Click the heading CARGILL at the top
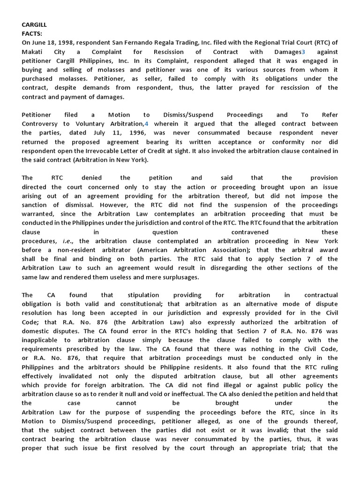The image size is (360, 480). [x=34, y=24]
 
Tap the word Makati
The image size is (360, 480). [x=32, y=52]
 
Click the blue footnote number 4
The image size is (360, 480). [x=146, y=124]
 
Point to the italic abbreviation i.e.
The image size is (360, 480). [x=67, y=241]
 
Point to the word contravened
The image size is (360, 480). [x=250, y=232]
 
